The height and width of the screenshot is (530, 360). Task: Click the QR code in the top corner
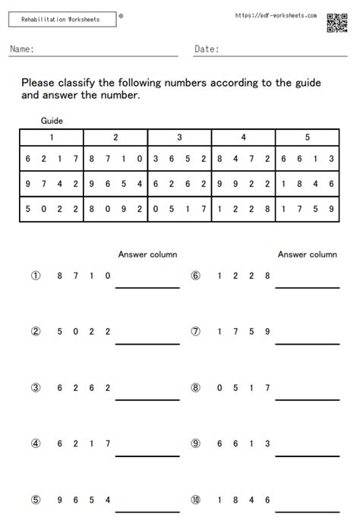click(x=337, y=24)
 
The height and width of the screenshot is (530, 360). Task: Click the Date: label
click(x=207, y=49)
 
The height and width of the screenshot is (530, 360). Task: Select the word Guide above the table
click(x=52, y=120)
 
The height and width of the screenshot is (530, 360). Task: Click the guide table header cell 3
click(x=179, y=137)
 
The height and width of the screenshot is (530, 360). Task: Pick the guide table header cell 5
click(x=308, y=137)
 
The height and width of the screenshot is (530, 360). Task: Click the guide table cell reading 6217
click(x=51, y=159)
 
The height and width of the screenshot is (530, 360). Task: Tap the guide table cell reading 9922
click(x=243, y=183)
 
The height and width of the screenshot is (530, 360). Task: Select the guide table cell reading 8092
click(x=115, y=207)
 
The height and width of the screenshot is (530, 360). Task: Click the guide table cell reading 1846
click(x=308, y=183)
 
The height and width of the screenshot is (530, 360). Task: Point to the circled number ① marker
click(x=35, y=276)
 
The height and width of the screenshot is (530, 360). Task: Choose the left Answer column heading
click(x=147, y=254)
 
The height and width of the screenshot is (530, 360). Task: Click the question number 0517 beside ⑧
click(x=243, y=387)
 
